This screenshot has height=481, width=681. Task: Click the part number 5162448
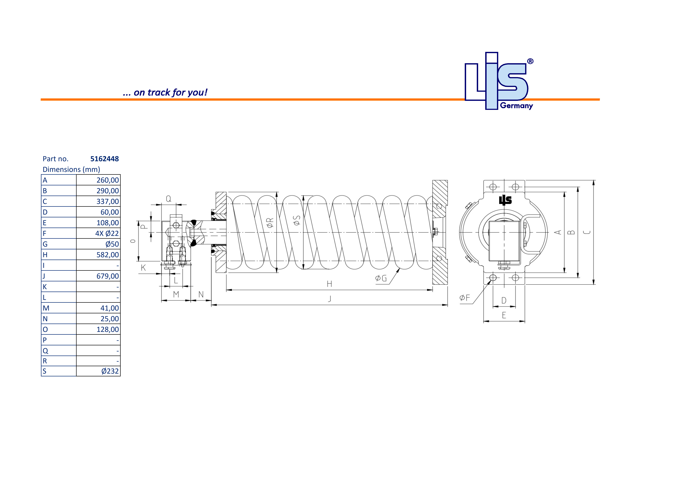104,159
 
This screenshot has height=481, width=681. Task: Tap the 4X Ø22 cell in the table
107,234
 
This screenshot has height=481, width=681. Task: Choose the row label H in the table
45,255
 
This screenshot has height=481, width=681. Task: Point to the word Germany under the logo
516,106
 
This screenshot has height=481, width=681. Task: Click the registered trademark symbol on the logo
530,61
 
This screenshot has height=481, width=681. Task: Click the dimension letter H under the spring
329,284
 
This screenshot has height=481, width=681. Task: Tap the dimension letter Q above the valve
169,199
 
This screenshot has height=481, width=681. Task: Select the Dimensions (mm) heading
71,169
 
